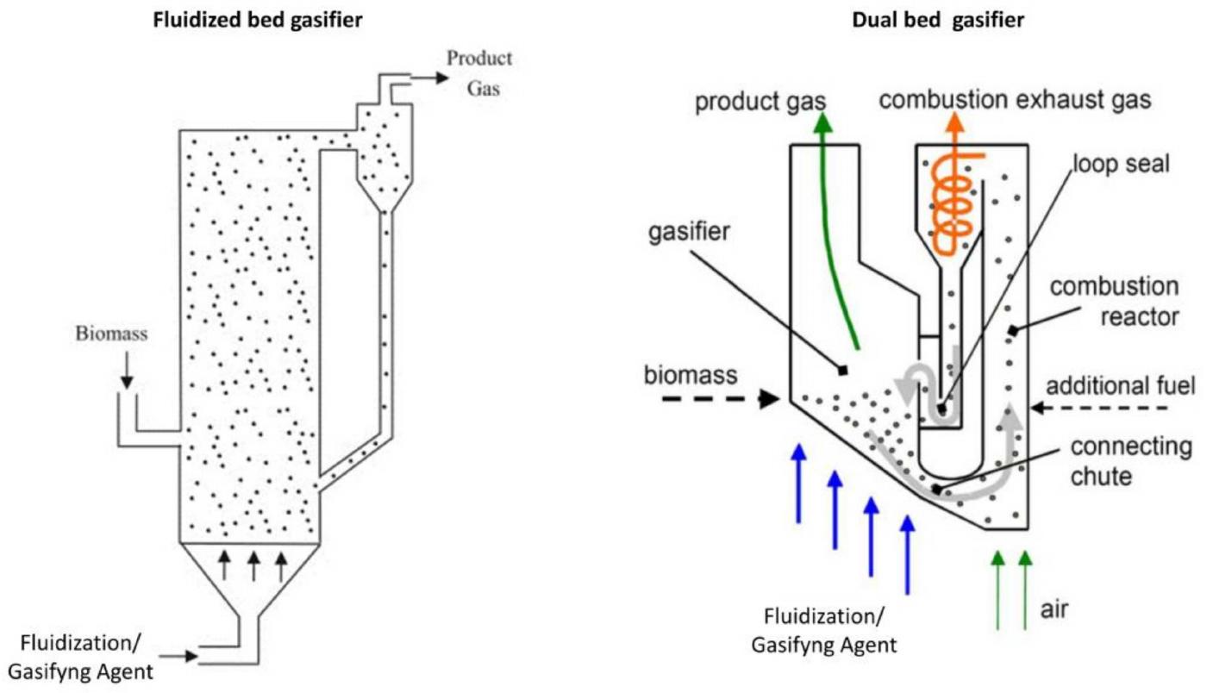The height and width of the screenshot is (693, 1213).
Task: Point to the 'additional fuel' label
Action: (x=1121, y=386)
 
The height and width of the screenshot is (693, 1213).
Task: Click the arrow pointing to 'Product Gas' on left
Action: (x=431, y=78)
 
